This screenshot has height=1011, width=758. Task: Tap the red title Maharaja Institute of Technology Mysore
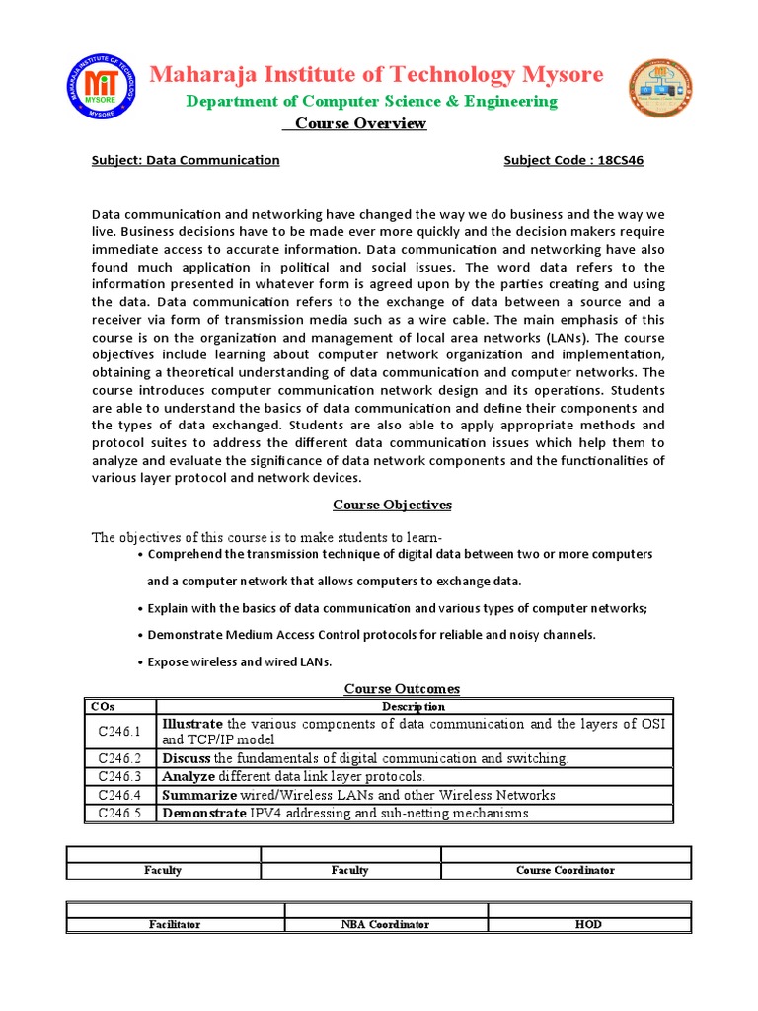(376, 75)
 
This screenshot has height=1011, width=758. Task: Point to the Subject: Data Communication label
(186, 160)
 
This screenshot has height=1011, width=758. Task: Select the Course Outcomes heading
(402, 688)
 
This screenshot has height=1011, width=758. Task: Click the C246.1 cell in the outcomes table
(120, 732)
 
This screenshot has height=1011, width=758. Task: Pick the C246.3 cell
(120, 777)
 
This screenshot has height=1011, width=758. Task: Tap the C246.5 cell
(120, 814)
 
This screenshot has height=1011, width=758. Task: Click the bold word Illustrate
(193, 724)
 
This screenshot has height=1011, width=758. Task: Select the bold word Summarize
(199, 795)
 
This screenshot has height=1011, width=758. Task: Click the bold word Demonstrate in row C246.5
(203, 814)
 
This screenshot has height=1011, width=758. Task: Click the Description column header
(414, 706)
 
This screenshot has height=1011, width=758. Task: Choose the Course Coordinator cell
(566, 870)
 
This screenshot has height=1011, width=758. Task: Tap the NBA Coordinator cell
(386, 924)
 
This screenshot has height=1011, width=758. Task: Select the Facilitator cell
(175, 924)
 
